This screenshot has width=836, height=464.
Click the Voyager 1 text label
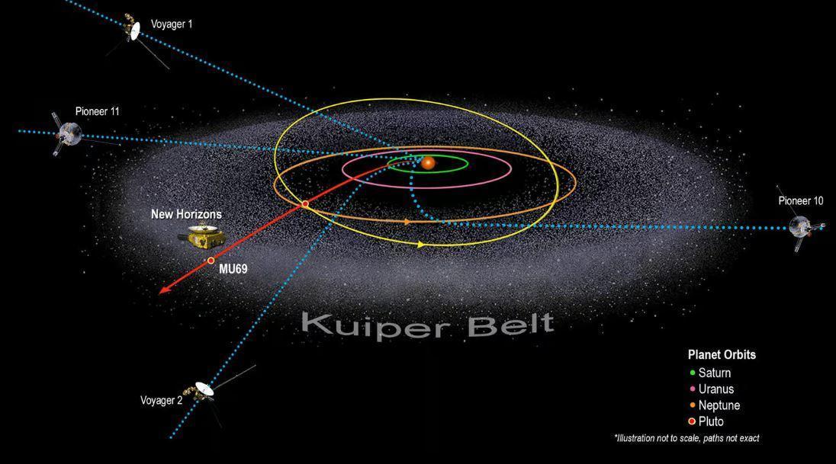pos(172,24)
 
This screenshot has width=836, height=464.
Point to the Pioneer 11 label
pos(97,111)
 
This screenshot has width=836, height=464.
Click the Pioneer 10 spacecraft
pos(800,226)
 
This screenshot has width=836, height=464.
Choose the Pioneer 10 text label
pos(801,201)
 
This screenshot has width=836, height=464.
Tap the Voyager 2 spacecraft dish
pos(204,389)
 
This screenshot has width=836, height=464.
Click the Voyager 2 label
pos(161,401)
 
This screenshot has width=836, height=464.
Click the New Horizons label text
pos(186,215)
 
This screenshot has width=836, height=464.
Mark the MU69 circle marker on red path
pos(211,261)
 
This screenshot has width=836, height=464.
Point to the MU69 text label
pos(232,269)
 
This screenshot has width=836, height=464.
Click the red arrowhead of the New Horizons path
pos(162,290)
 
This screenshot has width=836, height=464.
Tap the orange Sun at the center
pos(429,162)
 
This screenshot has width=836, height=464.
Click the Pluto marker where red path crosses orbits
pos(305,204)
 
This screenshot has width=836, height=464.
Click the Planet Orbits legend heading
pos(722,355)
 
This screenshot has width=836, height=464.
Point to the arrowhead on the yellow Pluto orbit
pos(420,245)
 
